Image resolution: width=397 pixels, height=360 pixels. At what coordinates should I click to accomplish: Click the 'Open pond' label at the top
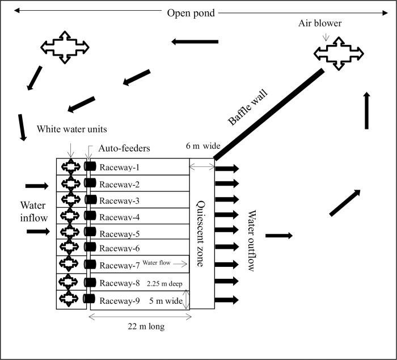(x=191, y=12)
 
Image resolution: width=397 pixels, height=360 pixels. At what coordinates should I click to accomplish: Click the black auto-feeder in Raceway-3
(x=90, y=200)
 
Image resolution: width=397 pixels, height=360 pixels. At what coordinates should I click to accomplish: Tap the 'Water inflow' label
(x=22, y=210)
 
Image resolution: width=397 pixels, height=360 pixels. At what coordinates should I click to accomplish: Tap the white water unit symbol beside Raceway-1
(x=71, y=167)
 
